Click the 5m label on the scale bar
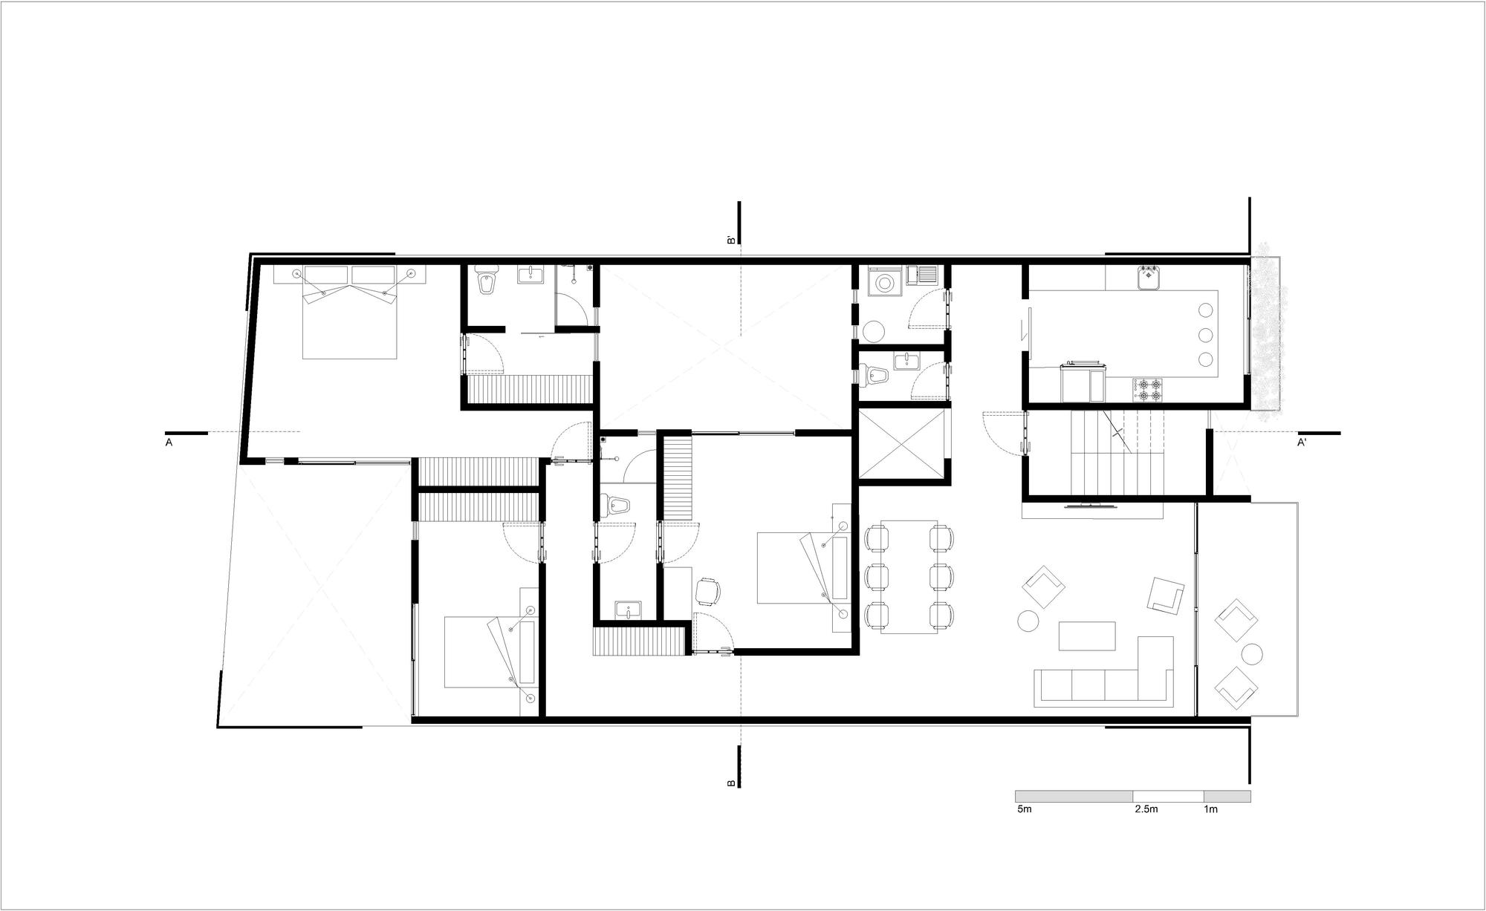tap(1025, 809)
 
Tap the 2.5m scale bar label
tap(1146, 809)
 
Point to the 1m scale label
tap(1210, 809)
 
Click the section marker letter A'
tap(1302, 443)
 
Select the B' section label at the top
tap(731, 240)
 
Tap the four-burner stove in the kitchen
tap(1148, 391)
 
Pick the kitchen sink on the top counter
tap(1148, 278)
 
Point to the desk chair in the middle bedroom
tap(708, 592)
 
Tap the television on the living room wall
tap(1091, 506)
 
